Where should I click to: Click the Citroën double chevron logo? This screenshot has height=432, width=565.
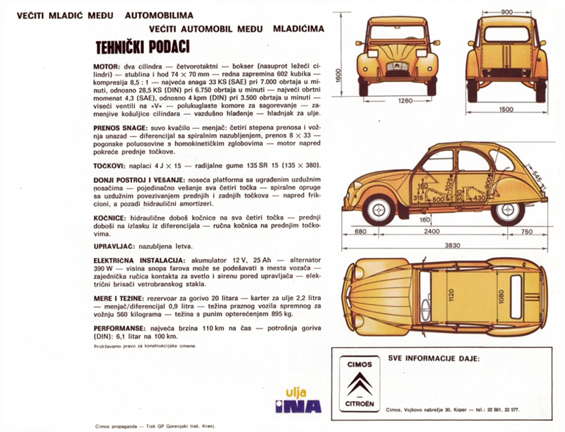pyautogui.click(x=359, y=385)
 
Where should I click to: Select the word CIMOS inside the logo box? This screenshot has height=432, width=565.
pyautogui.click(x=359, y=364)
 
